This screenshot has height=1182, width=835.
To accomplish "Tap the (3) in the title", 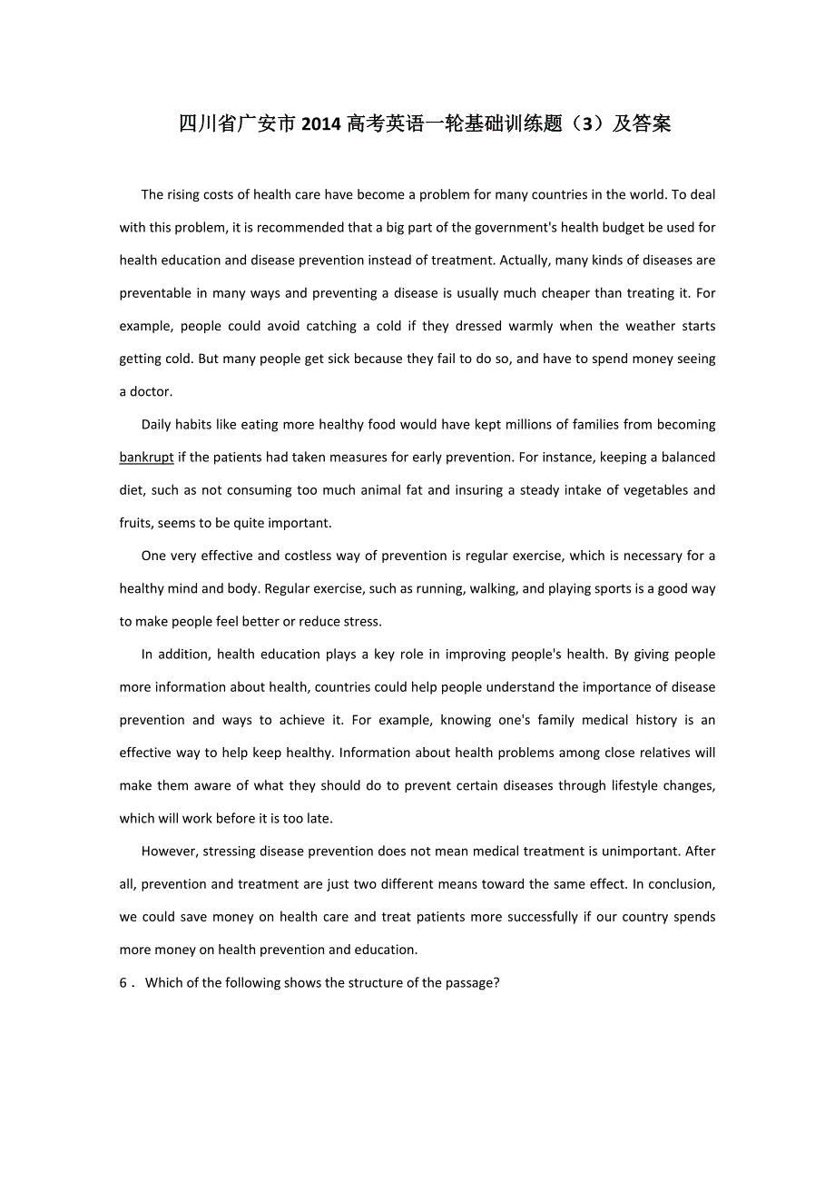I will click(590, 124).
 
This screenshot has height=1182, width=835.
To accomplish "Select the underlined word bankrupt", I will click(146, 458).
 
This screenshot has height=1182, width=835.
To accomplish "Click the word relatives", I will click(679, 753).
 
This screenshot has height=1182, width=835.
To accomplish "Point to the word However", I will click(170, 852).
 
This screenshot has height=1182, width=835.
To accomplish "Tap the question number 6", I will click(124, 983).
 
